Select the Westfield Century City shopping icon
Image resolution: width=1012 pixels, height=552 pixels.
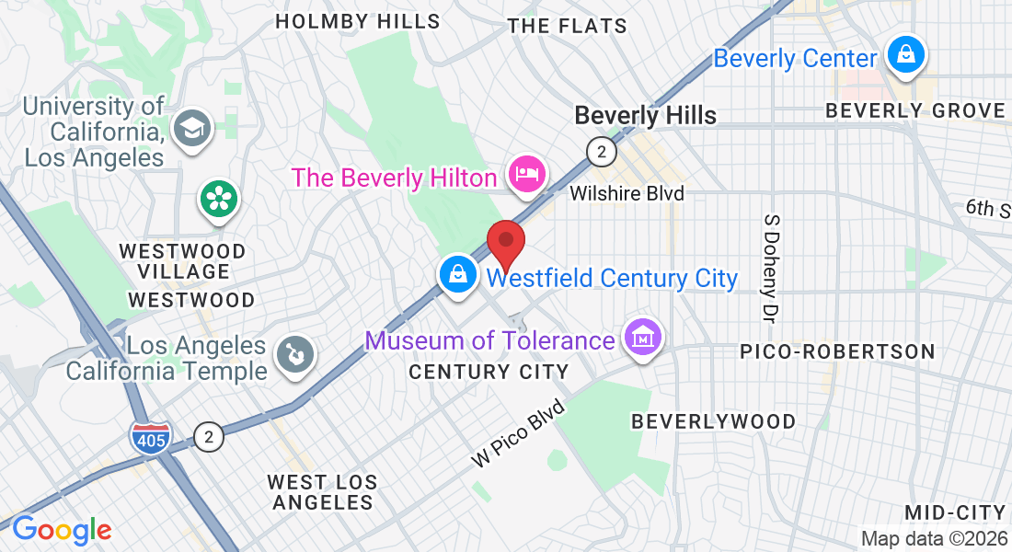tap(457, 273)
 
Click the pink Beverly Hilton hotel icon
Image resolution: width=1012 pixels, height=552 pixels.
tap(527, 174)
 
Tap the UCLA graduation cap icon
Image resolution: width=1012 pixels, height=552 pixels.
tap(193, 126)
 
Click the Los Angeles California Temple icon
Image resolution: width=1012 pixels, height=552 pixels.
tap(294, 353)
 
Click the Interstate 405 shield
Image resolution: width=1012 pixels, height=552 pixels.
tap(150, 437)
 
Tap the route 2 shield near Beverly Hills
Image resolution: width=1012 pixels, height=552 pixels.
tap(601, 152)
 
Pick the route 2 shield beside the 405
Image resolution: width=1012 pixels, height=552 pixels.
tap(210, 437)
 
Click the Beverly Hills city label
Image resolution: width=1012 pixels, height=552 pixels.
tap(645, 115)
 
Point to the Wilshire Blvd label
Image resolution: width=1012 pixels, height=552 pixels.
tap(627, 193)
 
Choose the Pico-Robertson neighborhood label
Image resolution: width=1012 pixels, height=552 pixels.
tap(837, 351)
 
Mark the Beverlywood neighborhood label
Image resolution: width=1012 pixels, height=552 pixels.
tap(713, 421)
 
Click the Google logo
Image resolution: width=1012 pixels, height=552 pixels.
tap(62, 530)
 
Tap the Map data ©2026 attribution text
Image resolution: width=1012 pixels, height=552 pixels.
tap(934, 539)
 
